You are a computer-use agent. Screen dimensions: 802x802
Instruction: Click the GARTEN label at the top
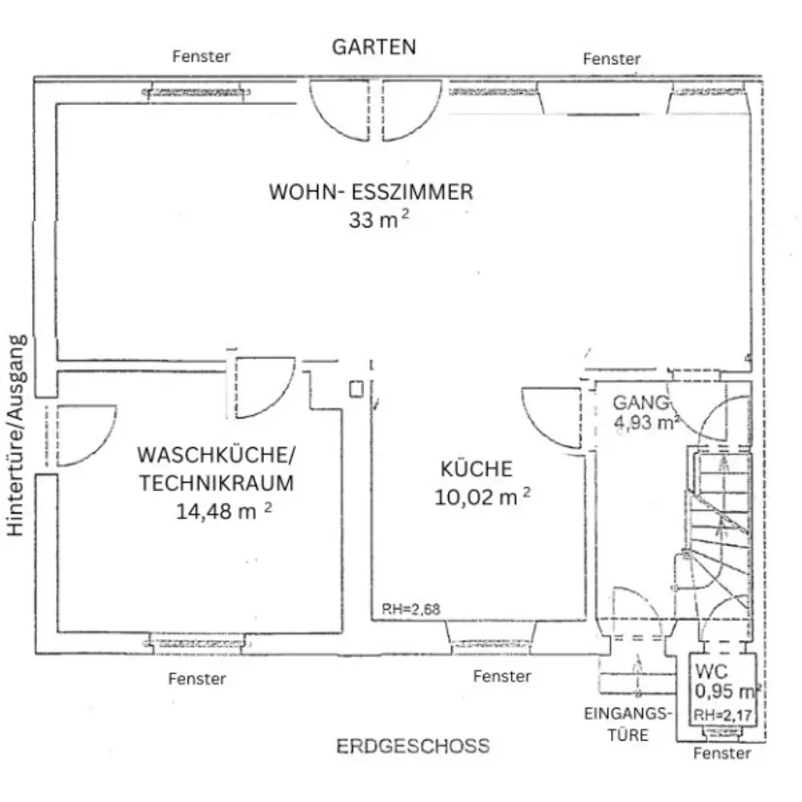374,47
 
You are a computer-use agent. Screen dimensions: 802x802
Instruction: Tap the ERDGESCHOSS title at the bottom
413,746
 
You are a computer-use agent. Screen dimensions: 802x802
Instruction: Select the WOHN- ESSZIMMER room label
370,192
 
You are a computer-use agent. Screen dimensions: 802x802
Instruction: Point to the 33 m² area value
378,220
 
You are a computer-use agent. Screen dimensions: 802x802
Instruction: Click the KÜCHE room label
476,469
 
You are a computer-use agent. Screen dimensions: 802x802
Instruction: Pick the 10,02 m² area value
482,497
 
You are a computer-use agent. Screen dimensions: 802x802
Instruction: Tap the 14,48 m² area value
224,511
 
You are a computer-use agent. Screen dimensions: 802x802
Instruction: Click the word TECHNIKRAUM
217,483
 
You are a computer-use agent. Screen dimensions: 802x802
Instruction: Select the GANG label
641,403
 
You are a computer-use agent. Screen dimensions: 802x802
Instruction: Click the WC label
710,672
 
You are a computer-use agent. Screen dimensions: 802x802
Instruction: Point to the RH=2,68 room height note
410,609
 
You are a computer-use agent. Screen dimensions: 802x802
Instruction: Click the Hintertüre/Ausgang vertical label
18,435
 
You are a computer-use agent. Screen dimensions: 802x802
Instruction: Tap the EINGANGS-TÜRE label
628,724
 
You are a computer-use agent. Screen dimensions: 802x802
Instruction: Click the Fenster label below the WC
722,753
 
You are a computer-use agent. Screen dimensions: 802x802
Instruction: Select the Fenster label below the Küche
502,676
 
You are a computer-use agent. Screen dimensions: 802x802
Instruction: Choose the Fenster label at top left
201,56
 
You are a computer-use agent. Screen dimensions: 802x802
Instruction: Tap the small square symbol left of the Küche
356,388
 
